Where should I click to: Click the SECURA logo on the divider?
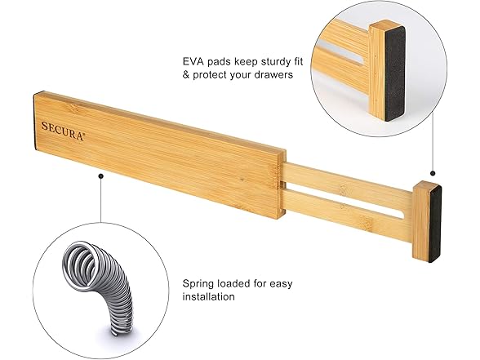63,131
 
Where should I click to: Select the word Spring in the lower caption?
198,284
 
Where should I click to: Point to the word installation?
208,296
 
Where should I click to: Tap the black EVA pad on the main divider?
434,224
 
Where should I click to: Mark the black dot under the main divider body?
100,176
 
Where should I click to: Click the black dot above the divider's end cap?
433,174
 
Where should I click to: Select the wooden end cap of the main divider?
422,220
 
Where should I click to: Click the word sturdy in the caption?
274,62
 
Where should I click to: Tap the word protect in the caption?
210,75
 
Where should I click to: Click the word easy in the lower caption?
281,285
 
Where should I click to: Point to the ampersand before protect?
186,75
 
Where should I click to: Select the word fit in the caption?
296,61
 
